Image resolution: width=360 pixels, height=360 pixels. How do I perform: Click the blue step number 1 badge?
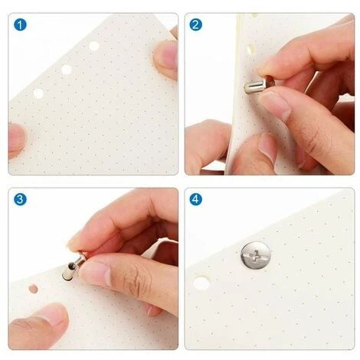click(x=20, y=25)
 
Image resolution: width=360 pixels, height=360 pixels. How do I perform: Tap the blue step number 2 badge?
click(x=196, y=25)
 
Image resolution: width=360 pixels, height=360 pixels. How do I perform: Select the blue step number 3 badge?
click(x=20, y=199)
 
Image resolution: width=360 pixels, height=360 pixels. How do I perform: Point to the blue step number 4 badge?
click(x=196, y=199)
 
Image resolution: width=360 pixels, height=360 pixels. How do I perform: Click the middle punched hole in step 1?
click(x=66, y=70)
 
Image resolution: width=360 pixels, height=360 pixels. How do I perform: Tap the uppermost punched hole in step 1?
click(x=94, y=46)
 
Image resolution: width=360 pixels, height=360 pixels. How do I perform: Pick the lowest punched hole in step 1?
click(x=38, y=93)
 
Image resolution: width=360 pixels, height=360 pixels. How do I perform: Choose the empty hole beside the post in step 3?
click(x=33, y=289)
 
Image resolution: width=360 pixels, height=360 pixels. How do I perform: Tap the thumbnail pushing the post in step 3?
click(x=95, y=273)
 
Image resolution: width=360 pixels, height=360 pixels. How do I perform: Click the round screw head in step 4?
click(x=255, y=256)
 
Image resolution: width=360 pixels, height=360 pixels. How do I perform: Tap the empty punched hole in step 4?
click(x=201, y=283)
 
